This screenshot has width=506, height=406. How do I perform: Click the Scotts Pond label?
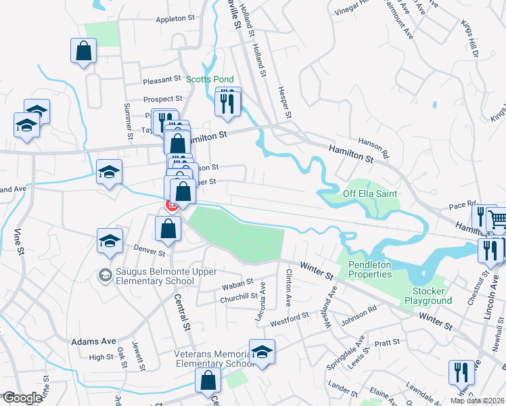pyautogui.click(x=210, y=78)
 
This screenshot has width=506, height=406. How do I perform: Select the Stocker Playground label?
pyautogui.click(x=428, y=296)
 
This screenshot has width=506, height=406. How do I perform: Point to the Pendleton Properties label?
pyautogui.click(x=370, y=269)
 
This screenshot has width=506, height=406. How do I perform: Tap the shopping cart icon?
pyautogui.click(x=497, y=218)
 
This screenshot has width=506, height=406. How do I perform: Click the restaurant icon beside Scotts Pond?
pyautogui.click(x=227, y=103)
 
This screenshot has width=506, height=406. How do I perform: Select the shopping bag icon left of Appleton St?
pyautogui.click(x=84, y=51)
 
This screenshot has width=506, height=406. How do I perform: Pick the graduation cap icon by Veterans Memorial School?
pyautogui.click(x=262, y=351)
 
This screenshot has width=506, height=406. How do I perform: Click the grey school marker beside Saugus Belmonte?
pyautogui.click(x=105, y=275)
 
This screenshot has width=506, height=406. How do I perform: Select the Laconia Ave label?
pyautogui.click(x=264, y=297)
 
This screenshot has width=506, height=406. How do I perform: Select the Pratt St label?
pyautogui.click(x=387, y=343)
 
